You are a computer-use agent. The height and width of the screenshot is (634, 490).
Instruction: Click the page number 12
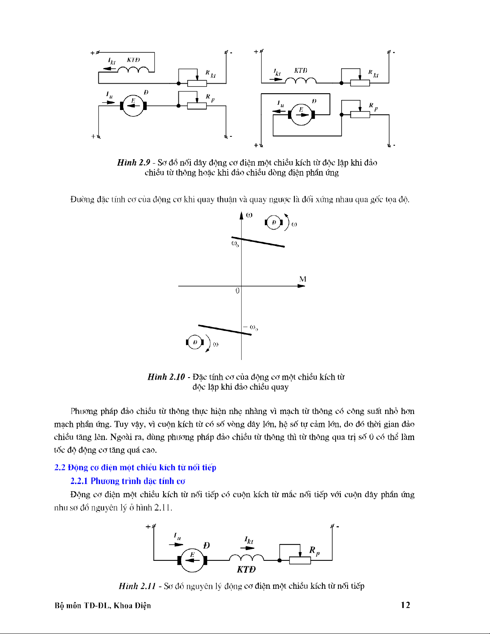click(x=405, y=605)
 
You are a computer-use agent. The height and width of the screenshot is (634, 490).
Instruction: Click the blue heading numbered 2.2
click(x=135, y=467)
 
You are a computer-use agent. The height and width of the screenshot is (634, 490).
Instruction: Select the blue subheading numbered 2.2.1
click(x=128, y=481)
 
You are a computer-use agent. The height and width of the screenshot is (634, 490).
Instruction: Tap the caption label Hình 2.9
click(x=134, y=162)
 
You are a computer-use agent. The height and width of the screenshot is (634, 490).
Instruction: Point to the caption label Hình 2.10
click(x=166, y=377)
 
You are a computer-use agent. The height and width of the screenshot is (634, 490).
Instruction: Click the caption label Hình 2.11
click(x=137, y=586)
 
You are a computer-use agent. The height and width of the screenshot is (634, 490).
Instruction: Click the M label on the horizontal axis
click(x=303, y=279)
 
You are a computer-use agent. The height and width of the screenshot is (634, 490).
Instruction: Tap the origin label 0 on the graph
click(x=238, y=291)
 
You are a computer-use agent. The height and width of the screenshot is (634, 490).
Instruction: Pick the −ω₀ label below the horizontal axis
click(x=251, y=328)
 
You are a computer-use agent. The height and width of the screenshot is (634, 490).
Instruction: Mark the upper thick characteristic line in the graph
click(x=258, y=242)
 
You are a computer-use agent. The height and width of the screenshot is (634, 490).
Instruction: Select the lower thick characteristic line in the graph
click(x=224, y=330)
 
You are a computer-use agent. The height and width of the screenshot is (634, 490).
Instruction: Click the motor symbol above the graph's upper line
click(x=274, y=222)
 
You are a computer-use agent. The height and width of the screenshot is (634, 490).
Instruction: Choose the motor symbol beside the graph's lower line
click(x=195, y=342)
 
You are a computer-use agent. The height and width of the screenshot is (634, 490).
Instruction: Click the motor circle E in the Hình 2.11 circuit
click(x=192, y=560)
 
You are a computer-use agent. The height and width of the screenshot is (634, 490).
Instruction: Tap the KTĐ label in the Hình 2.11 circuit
click(x=246, y=569)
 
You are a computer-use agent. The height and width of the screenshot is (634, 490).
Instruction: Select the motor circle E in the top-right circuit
click(x=301, y=115)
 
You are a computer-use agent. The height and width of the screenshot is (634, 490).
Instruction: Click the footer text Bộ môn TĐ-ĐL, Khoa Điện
click(x=103, y=605)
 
